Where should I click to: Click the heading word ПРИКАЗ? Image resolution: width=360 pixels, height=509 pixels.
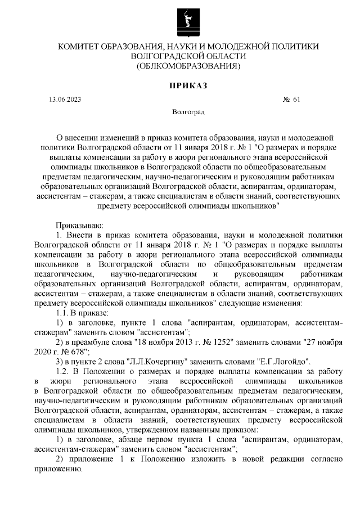click(188, 85)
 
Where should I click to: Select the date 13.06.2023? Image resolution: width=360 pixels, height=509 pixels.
click(65, 100)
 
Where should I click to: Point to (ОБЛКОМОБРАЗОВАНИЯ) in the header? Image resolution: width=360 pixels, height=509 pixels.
click(188, 67)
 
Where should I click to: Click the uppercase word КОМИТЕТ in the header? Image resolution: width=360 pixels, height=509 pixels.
click(82, 47)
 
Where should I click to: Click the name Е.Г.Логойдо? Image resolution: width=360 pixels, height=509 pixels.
click(283, 361)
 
